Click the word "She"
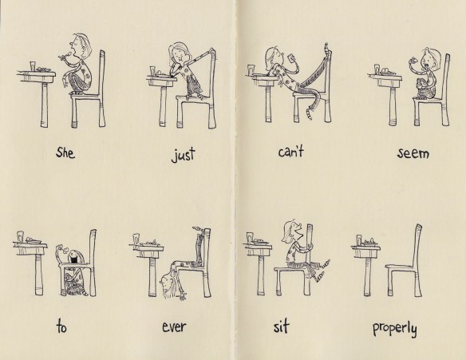65,152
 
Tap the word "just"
184,155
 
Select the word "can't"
291,152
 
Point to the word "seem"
413,153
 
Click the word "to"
61,327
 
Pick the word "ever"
174,327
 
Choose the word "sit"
281,326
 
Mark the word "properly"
395,328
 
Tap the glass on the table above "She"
33,66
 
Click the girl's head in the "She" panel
81,44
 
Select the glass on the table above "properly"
359,240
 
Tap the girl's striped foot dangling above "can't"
309,114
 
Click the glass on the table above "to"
21,236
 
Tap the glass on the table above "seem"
377,69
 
